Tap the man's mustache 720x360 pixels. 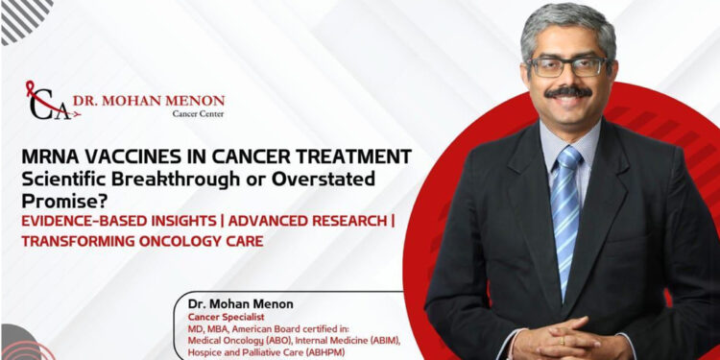click(569, 92)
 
